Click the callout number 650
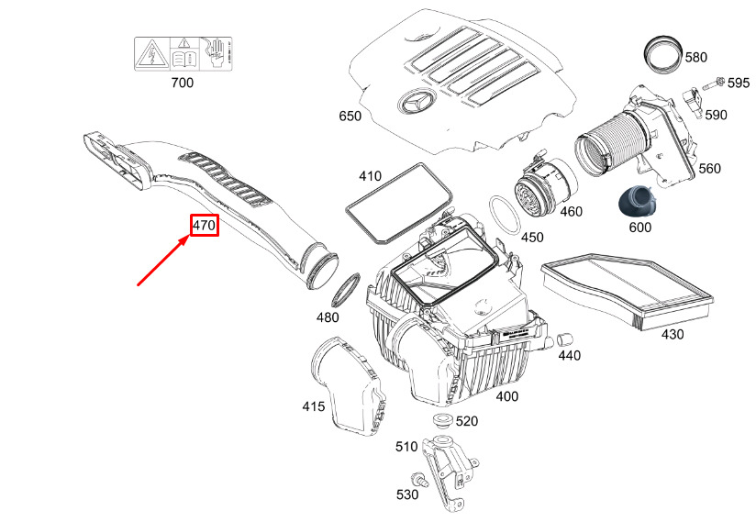click(x=350, y=117)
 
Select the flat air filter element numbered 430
click(x=628, y=288)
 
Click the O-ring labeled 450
click(x=504, y=215)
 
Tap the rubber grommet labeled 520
click(x=442, y=423)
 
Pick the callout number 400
click(x=506, y=396)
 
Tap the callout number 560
click(x=709, y=169)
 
